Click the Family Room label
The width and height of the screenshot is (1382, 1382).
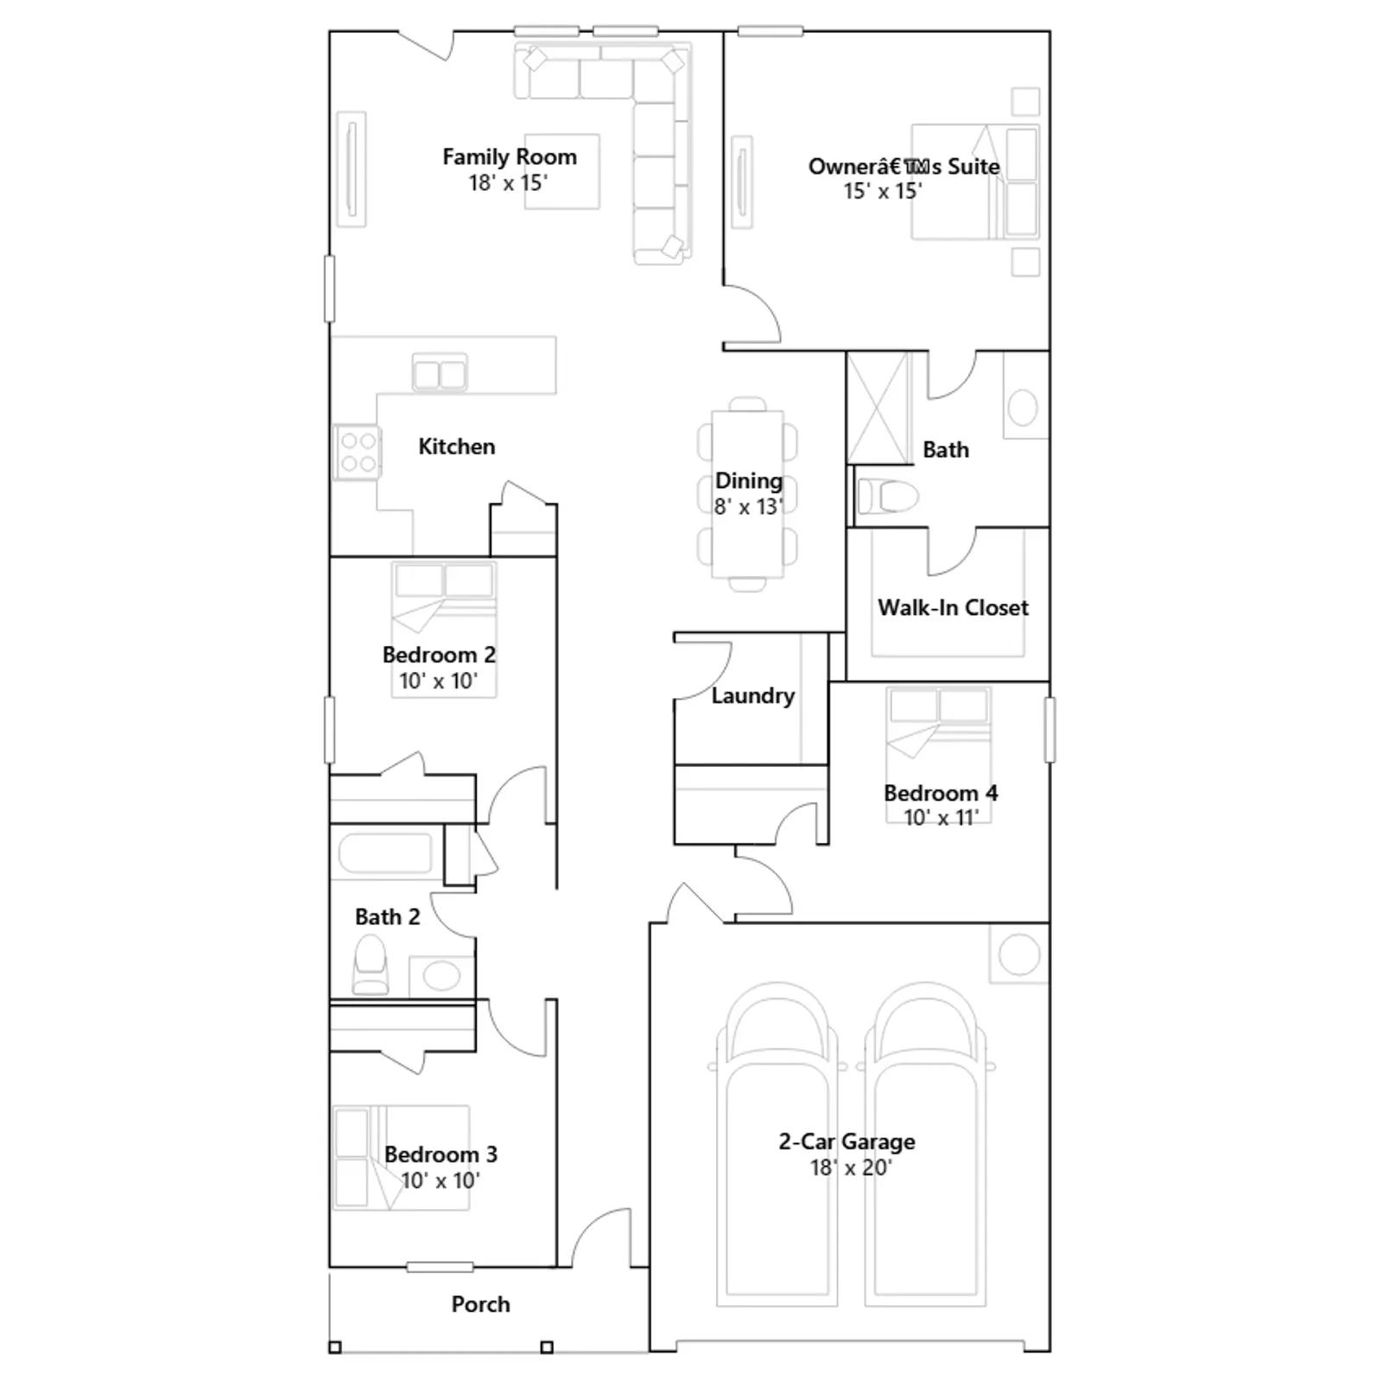pos(510,157)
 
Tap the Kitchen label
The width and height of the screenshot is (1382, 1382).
pos(457,447)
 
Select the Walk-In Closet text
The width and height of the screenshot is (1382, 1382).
pos(953,607)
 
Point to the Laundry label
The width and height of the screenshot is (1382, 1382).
pos(753,696)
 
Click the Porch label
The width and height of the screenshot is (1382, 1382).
pos(480,1304)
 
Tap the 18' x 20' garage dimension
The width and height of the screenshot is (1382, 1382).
pos(851,1168)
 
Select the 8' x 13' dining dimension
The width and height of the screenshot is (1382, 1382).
pos(748,507)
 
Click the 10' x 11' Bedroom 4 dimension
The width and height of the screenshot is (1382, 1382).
pos(941,817)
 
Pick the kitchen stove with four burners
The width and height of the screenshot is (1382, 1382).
pos(358,453)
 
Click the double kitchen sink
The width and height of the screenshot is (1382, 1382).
pos(440,373)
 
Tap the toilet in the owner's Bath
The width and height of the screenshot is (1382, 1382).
pos(886,496)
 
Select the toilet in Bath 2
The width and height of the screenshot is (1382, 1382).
pos(371,966)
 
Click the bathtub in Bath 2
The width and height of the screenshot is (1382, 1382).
pos(385,853)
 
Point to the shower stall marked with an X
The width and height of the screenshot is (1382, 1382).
pos(878,408)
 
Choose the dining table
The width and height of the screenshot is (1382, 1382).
pos(748,494)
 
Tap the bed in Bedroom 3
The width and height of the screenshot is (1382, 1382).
pos(402,1157)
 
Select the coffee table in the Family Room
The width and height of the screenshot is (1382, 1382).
pos(561,171)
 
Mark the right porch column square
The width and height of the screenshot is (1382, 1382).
pos(546,1347)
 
